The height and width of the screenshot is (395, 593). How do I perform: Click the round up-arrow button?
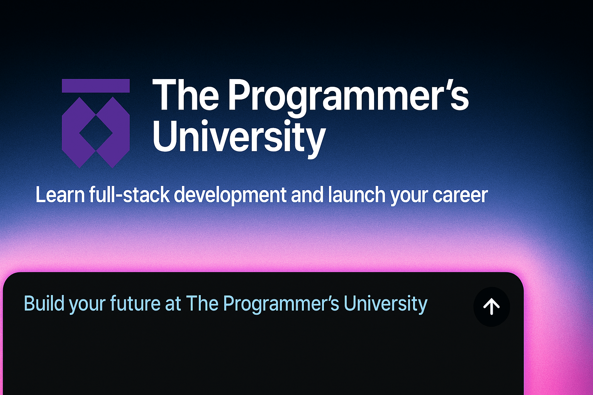(491, 307)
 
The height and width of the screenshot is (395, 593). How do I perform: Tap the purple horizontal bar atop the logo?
(96, 86)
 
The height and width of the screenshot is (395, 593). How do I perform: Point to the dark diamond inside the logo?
(96, 133)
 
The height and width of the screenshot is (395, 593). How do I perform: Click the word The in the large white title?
(186, 95)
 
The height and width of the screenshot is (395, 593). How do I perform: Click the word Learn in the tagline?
(60, 195)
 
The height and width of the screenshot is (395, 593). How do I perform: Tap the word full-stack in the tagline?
(129, 195)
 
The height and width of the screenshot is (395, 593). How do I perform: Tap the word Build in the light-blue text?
(44, 304)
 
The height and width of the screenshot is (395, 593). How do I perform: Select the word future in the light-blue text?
(135, 304)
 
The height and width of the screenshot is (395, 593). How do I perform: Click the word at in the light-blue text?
(173, 304)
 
